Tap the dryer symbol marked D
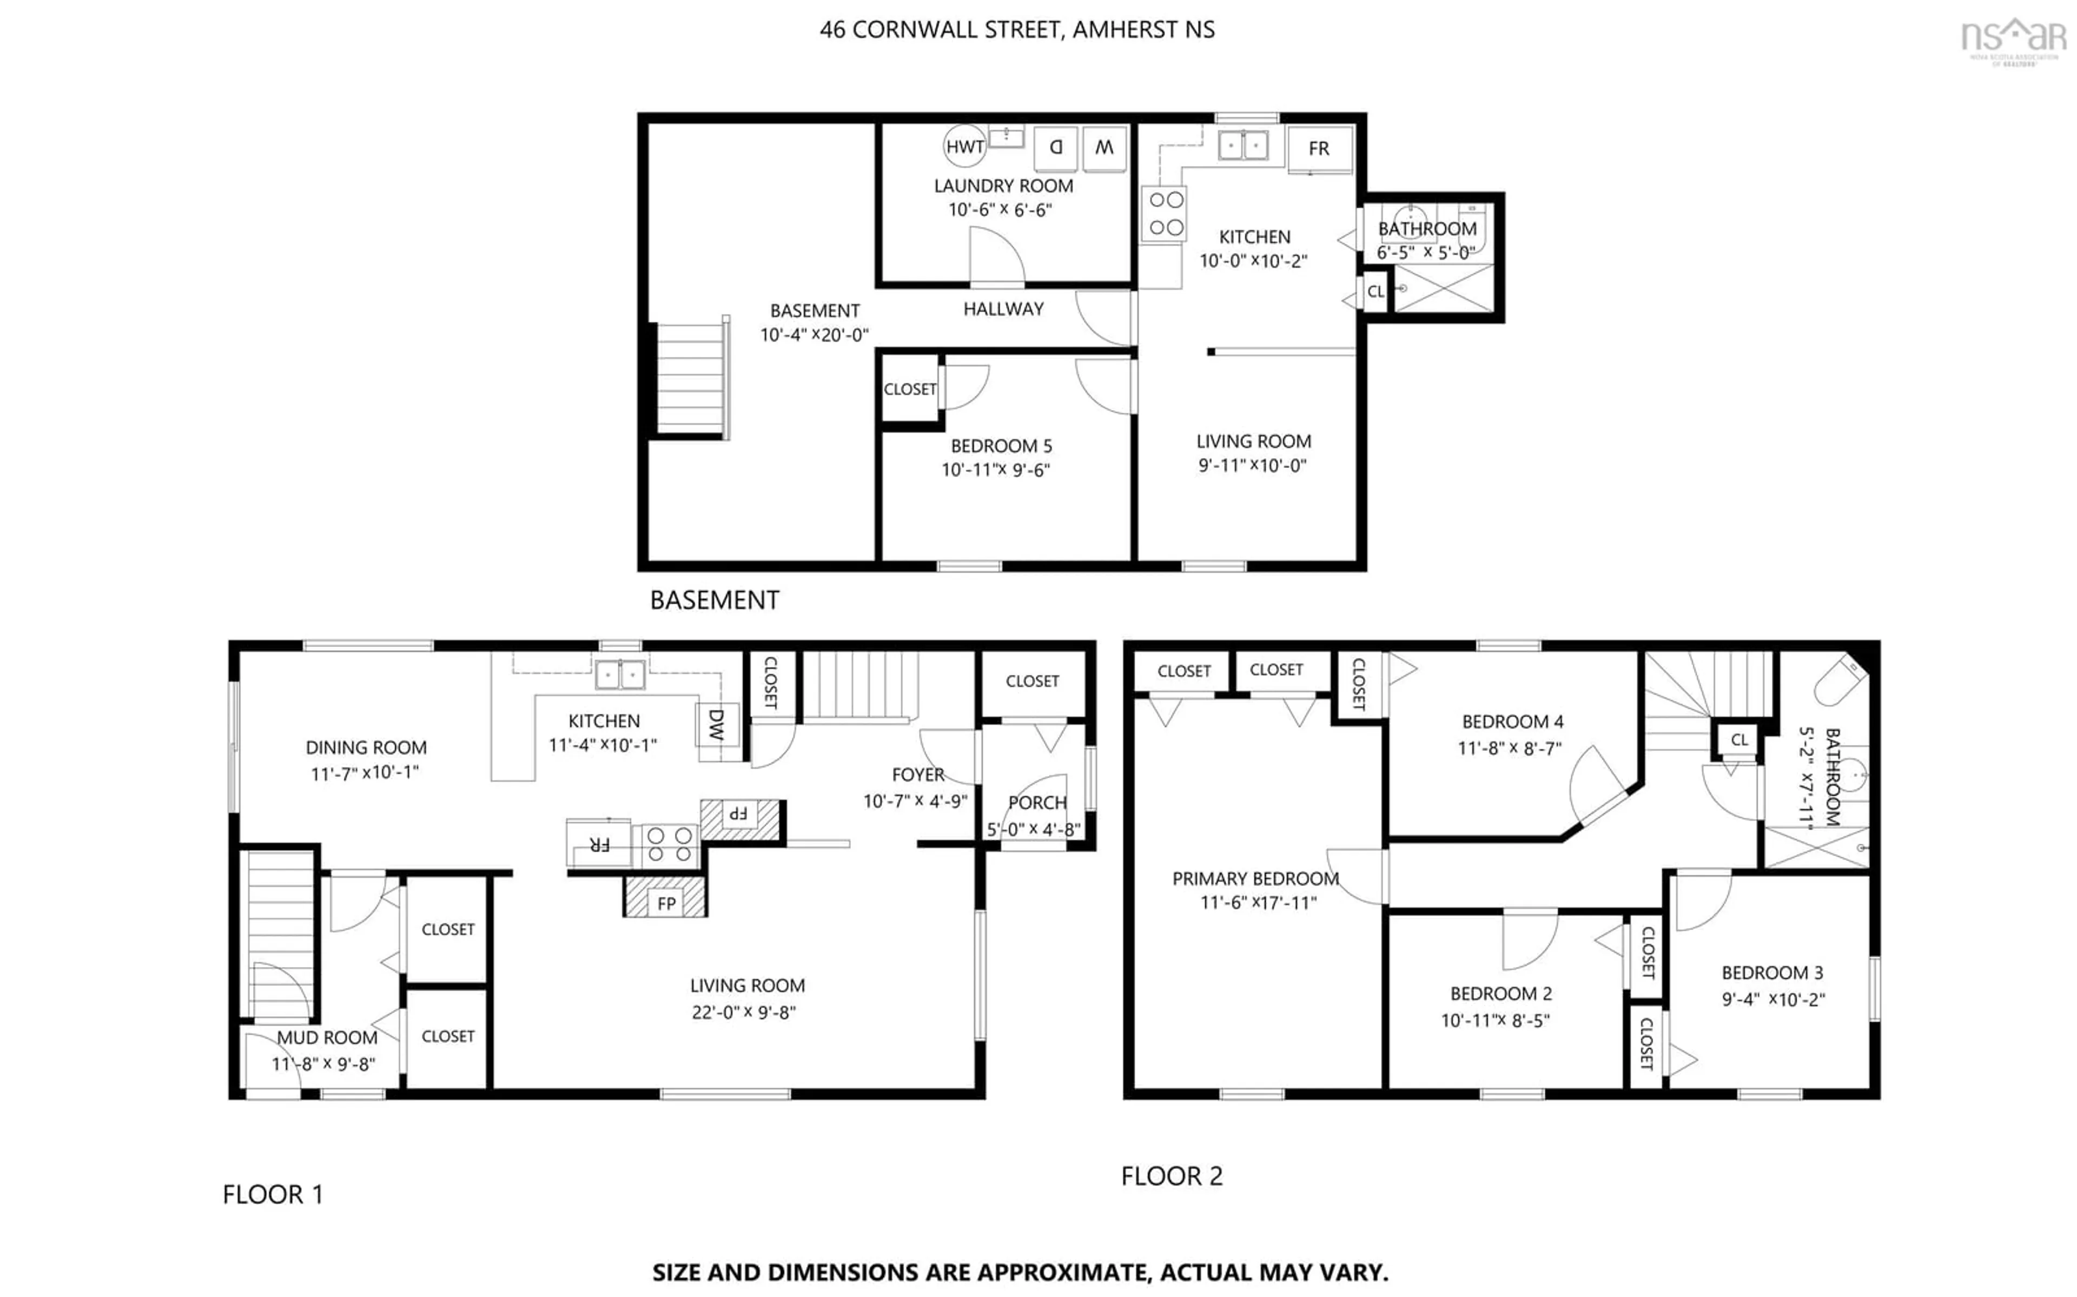tap(1056, 148)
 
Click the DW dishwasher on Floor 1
tap(716, 725)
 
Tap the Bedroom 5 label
tap(1001, 446)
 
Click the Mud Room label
tap(327, 1037)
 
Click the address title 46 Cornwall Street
tap(1017, 29)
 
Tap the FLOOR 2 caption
tap(1172, 1176)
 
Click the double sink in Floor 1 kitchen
tap(620, 675)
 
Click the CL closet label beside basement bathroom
tap(1375, 292)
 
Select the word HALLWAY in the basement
tap(1003, 309)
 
